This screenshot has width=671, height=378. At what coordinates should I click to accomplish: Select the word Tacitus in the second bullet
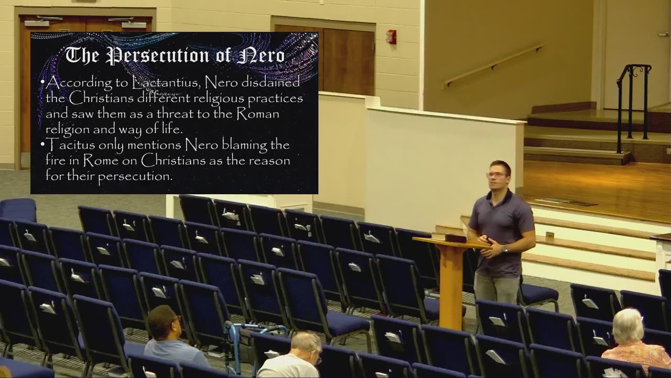(x=67, y=144)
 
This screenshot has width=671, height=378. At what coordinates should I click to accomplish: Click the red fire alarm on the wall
(x=391, y=37)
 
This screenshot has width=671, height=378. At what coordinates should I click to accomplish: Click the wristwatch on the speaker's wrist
(x=504, y=249)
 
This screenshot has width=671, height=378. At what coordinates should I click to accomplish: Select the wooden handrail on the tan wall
(x=493, y=66)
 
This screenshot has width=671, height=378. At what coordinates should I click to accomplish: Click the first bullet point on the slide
(x=42, y=83)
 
